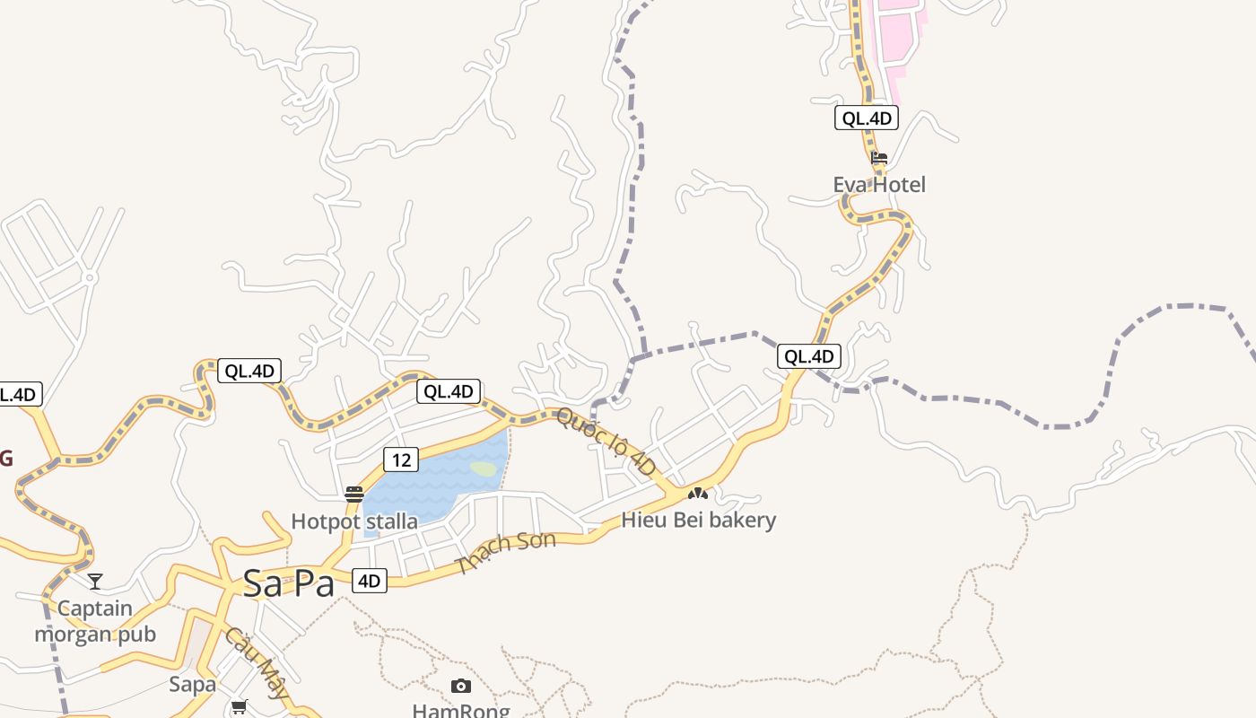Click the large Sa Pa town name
click(x=289, y=584)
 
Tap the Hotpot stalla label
click(x=354, y=521)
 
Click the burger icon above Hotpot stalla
click(x=354, y=494)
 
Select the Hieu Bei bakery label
click(x=699, y=520)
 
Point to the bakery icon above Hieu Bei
click(x=698, y=493)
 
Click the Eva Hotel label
click(x=879, y=185)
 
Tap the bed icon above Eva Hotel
click(x=879, y=158)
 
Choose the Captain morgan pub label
click(x=95, y=621)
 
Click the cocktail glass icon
click(x=95, y=581)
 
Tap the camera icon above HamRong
click(x=461, y=687)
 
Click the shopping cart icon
click(x=239, y=707)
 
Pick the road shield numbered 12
click(x=401, y=460)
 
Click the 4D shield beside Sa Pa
click(x=369, y=581)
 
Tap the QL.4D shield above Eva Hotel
click(x=867, y=118)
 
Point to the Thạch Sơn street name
click(x=505, y=551)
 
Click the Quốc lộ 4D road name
click(x=606, y=442)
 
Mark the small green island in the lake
click(x=484, y=468)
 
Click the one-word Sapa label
click(x=193, y=685)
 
